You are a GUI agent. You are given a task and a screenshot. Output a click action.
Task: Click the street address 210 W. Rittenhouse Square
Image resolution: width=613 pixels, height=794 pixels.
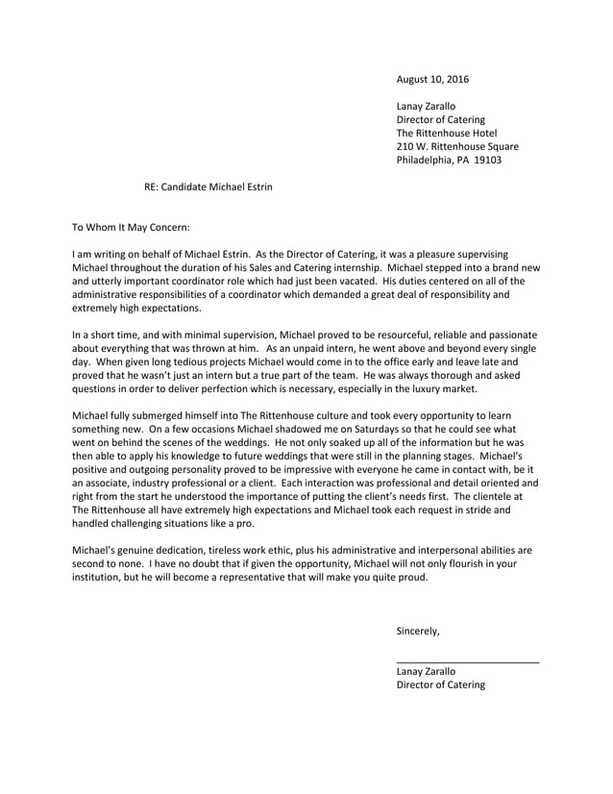click(457, 146)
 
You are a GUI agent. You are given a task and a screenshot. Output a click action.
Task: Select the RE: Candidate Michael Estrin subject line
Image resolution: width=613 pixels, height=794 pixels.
click(208, 186)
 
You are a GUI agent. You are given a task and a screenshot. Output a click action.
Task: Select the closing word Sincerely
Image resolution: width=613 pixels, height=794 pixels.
click(418, 632)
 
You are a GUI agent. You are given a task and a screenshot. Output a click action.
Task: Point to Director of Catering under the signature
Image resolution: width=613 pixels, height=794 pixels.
click(440, 685)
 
